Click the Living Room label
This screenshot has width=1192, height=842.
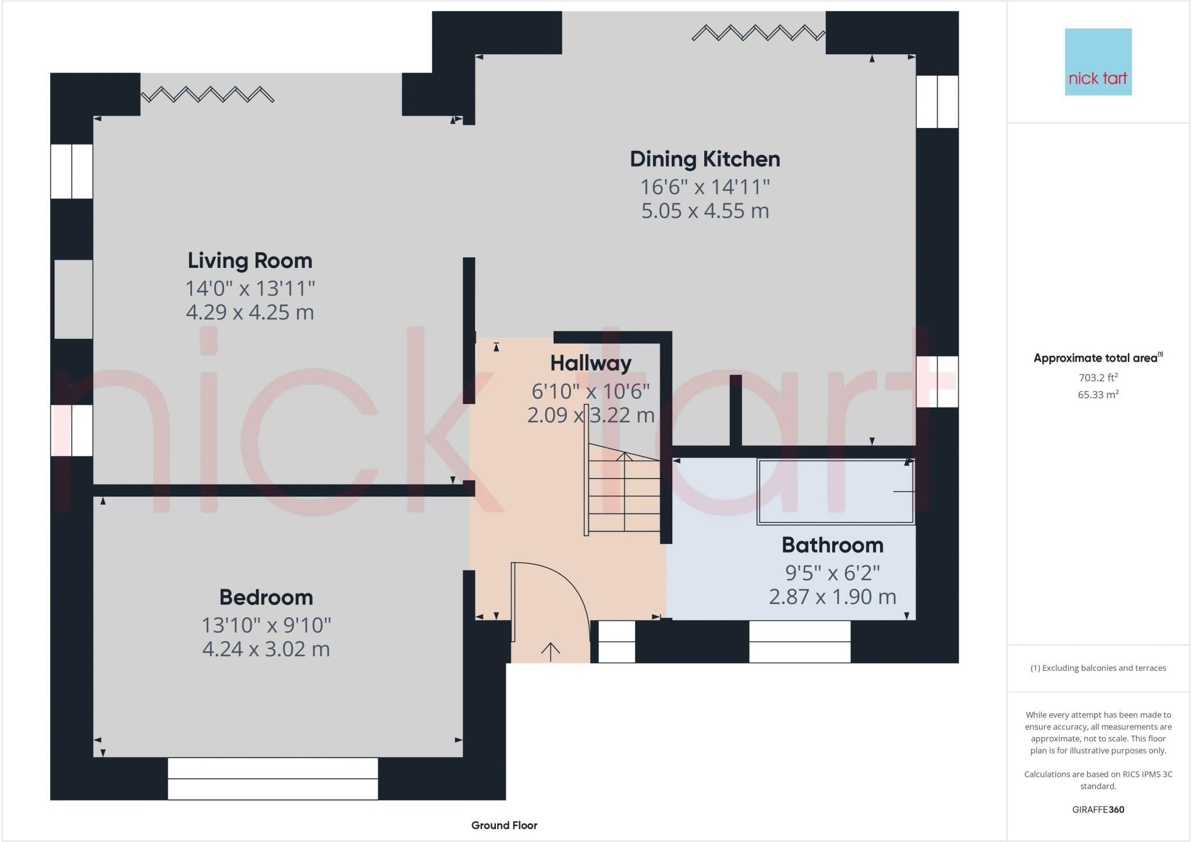tap(250, 260)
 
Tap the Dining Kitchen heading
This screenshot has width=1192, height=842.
tap(705, 159)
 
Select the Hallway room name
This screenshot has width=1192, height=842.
tap(591, 363)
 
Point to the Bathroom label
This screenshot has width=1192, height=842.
tap(832, 545)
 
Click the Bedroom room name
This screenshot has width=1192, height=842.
tap(266, 597)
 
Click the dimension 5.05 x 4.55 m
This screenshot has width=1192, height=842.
tap(705, 211)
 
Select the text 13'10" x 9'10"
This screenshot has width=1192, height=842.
tap(266, 625)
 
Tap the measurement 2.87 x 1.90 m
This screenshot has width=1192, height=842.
tap(832, 597)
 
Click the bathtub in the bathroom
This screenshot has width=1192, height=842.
tap(835, 491)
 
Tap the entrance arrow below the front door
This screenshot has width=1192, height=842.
tap(551, 652)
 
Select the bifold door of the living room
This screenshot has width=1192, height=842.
tap(207, 94)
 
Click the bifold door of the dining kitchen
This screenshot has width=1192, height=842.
tap(758, 33)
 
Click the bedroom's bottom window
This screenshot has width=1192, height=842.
tap(272, 779)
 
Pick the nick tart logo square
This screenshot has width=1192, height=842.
tap(1098, 62)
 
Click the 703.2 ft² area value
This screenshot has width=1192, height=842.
tap(1098, 377)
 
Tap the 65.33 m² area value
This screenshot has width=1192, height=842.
tap(1098, 395)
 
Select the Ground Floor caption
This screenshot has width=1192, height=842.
tap(504, 825)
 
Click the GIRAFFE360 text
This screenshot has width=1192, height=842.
tap(1098, 809)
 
